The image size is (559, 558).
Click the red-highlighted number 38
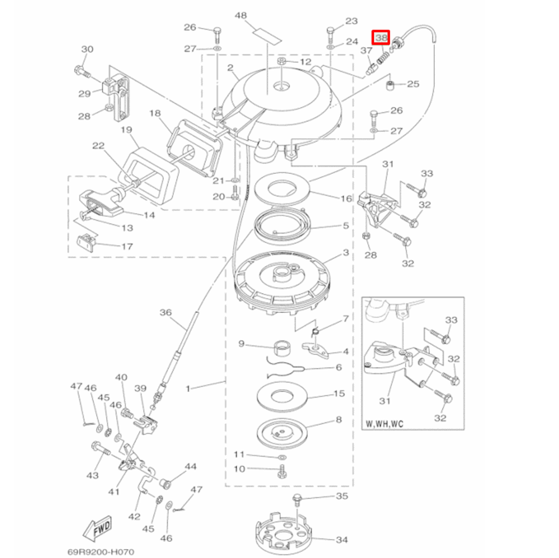(x=381, y=38)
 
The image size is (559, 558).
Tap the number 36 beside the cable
(x=166, y=312)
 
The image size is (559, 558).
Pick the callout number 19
(x=126, y=130)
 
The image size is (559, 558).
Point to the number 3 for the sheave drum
(x=345, y=253)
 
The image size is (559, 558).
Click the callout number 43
(x=92, y=475)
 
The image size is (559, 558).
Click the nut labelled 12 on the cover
(x=282, y=61)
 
